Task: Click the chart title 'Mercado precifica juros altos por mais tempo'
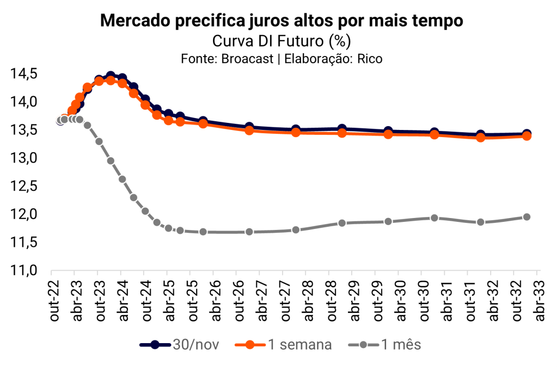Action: tap(281, 21)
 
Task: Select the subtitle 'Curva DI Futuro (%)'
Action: tap(281, 41)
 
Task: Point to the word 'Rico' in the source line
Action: tap(370, 59)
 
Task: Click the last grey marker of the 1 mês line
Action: tap(527, 217)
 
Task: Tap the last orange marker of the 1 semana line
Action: tap(527, 136)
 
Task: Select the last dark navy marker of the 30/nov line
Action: tap(527, 133)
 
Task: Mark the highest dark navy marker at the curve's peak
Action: tap(111, 76)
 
